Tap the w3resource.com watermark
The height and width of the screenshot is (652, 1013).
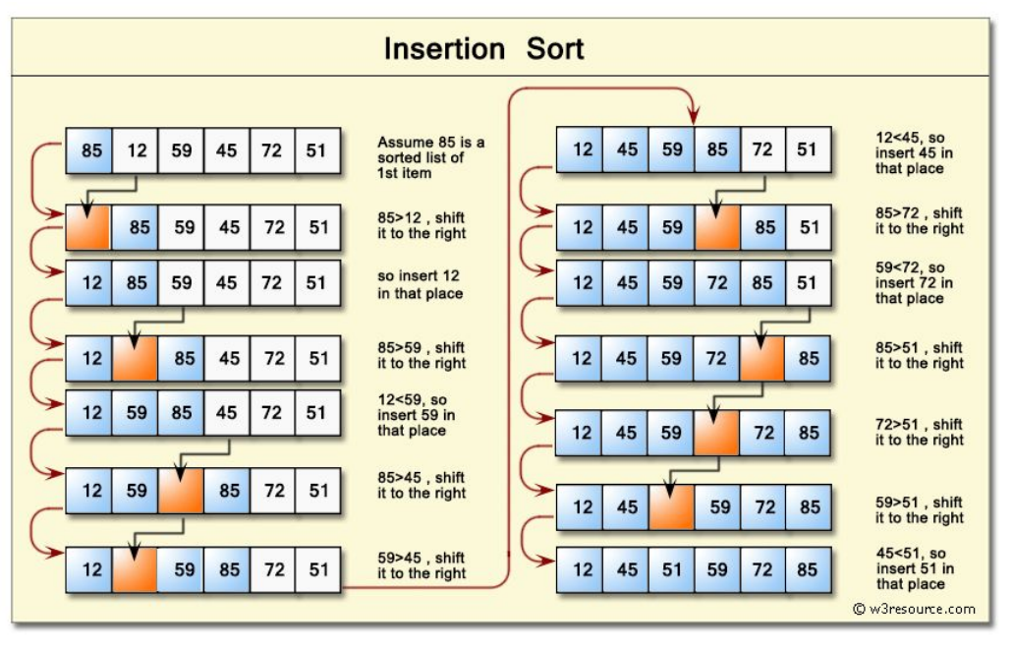[914, 609]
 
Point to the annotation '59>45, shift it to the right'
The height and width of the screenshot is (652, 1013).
[422, 565]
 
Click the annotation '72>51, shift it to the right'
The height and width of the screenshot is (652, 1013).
[920, 432]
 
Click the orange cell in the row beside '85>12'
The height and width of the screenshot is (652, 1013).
[88, 227]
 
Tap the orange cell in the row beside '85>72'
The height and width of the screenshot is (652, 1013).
[717, 227]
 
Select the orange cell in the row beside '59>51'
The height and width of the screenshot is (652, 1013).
[671, 507]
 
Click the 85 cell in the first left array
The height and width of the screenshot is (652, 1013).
[90, 150]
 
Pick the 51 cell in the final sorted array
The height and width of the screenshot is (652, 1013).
[671, 569]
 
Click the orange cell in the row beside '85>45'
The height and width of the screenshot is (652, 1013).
[180, 490]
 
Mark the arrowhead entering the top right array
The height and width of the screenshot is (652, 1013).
[694, 119]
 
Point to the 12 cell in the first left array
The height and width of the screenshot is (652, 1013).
[136, 150]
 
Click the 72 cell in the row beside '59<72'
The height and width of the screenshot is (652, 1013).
[717, 282]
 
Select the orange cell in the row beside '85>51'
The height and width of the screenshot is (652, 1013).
[761, 358]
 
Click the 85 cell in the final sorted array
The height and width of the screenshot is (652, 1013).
[809, 569]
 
